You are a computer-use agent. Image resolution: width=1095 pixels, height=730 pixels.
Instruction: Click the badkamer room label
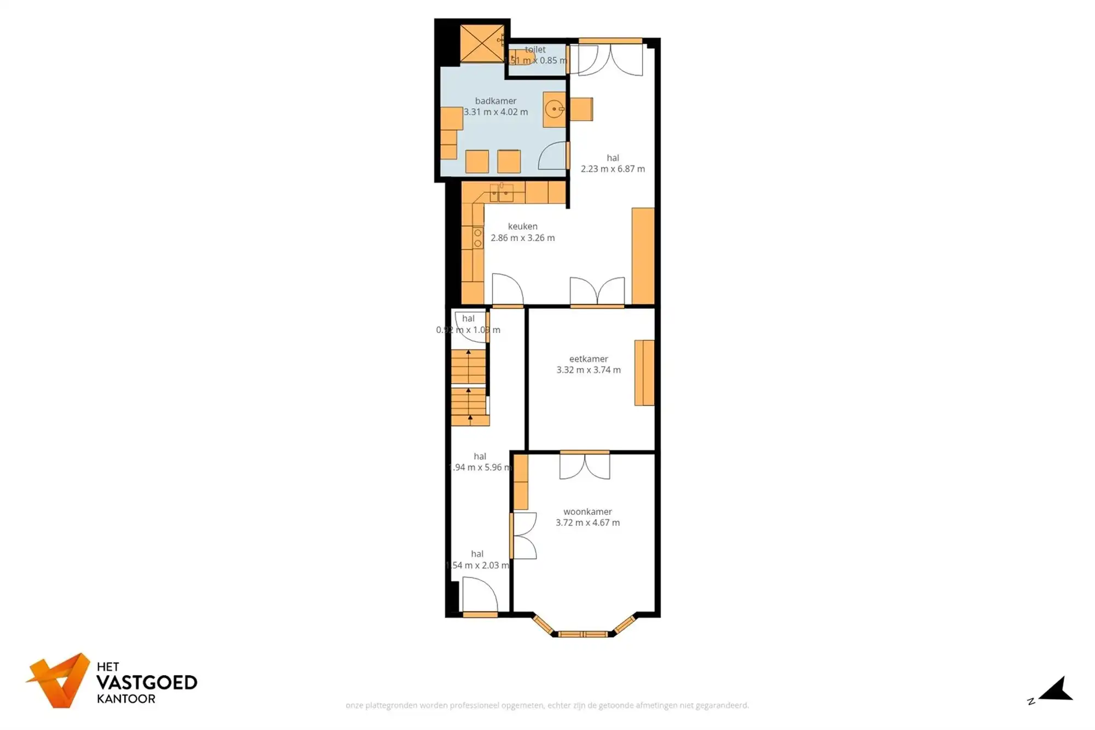(495, 101)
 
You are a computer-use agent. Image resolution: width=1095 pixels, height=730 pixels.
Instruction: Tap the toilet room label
(535, 49)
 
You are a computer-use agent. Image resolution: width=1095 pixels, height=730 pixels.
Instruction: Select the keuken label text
(522, 226)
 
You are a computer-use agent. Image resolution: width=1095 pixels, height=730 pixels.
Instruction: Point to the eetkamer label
(589, 359)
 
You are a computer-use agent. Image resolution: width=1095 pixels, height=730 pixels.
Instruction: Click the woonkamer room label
(587, 511)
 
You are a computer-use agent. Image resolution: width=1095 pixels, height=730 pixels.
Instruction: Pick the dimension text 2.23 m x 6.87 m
(613, 169)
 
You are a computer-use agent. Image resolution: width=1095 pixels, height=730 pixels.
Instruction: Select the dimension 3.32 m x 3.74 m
(589, 370)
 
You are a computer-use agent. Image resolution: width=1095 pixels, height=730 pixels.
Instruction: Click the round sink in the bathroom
(555, 110)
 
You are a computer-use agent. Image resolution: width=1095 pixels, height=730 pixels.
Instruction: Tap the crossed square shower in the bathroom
(482, 43)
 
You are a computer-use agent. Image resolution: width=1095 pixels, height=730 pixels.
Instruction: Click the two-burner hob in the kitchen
(478, 238)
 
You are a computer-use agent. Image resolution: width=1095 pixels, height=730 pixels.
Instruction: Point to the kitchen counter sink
(502, 193)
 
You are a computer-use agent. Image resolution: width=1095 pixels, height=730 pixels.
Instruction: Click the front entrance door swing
(480, 597)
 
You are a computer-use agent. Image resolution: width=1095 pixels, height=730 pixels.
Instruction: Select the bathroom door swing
(552, 156)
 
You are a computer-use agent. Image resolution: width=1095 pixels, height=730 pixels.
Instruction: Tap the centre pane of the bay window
(583, 634)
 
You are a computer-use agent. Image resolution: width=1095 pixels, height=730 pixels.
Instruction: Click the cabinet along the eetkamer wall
(644, 373)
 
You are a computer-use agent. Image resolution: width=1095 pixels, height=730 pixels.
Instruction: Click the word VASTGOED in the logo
(147, 682)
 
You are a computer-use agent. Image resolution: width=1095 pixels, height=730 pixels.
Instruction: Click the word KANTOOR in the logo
(126, 699)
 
